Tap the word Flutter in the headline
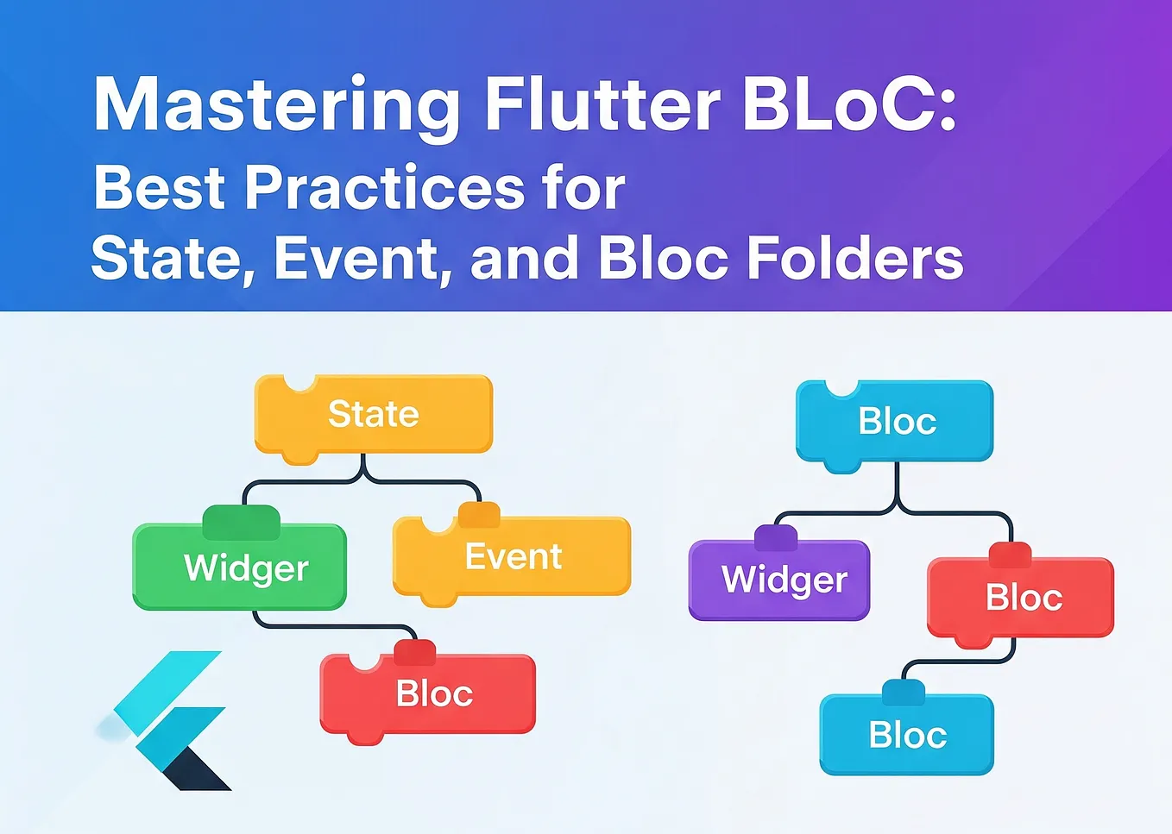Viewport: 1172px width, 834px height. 602,105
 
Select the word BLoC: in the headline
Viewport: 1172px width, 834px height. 849,105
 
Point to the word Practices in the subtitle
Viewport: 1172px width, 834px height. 384,187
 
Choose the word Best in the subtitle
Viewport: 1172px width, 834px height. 159,187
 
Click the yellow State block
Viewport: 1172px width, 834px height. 374,415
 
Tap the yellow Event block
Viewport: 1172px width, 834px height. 513,557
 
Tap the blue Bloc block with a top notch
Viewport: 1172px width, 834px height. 895,422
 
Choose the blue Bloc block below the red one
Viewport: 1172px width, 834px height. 907,736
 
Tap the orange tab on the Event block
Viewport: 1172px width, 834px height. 479,515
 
